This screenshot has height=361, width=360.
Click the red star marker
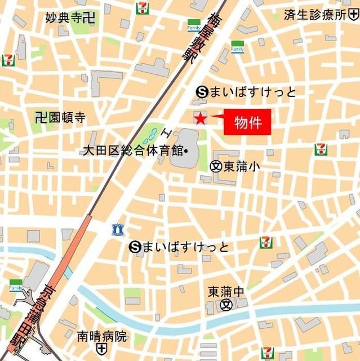pyautogui.click(x=199, y=118)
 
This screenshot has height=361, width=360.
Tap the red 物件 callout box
pyautogui.click(x=247, y=122)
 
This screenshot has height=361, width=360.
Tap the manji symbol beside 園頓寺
pyautogui.click(x=40, y=118)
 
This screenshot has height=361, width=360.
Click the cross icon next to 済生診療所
pyautogui.click(x=355, y=14)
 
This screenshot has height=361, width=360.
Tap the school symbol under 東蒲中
pyautogui.click(x=226, y=305)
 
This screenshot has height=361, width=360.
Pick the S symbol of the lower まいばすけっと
pyautogui.click(x=134, y=246)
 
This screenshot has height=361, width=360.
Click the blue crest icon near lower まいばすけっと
pyautogui.click(x=117, y=229)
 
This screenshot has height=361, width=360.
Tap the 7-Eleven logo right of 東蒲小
pyautogui.click(x=321, y=149)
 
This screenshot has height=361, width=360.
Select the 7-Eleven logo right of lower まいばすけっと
pyautogui.click(x=266, y=243)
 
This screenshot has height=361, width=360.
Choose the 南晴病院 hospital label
pyautogui.click(x=103, y=337)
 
